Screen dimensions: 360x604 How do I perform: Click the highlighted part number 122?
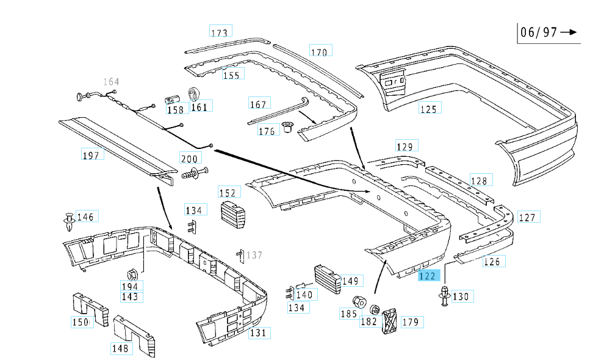(428, 276)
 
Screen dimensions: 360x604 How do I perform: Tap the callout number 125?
(429, 109)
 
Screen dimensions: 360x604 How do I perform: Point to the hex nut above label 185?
(359, 301)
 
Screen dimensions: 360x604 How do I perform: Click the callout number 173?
(219, 32)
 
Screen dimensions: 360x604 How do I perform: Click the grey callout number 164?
(111, 82)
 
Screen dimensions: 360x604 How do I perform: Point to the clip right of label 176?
(286, 128)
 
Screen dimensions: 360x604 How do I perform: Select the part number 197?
(91, 155)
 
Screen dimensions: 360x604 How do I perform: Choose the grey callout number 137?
(254, 255)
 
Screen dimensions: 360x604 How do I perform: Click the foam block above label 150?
(88, 304)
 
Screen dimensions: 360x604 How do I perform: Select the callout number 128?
(479, 181)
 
